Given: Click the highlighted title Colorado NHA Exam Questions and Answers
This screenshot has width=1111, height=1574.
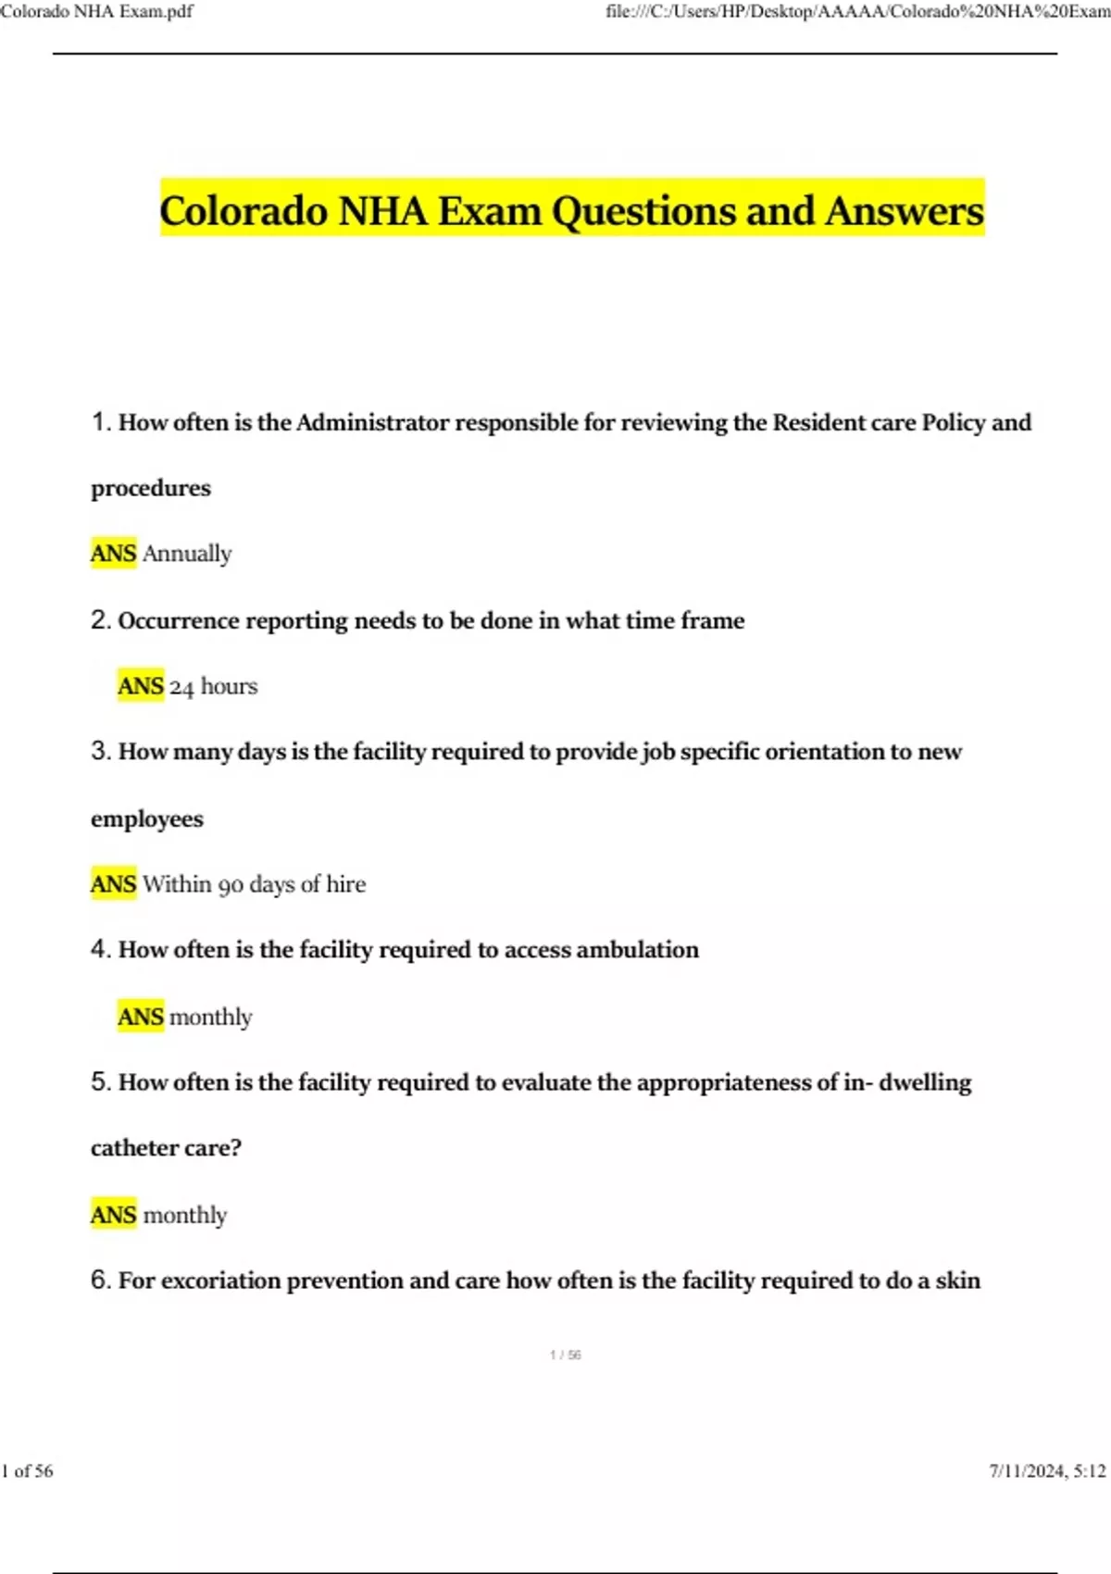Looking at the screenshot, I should [x=571, y=210].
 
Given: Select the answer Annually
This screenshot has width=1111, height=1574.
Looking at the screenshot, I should [x=187, y=554].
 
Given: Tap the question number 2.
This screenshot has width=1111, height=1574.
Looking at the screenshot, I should [x=100, y=620].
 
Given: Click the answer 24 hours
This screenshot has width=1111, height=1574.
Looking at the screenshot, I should [x=213, y=687].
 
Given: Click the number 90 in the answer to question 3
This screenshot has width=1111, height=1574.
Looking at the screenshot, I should [x=231, y=885].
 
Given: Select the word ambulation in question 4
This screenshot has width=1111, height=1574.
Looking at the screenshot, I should [x=637, y=950].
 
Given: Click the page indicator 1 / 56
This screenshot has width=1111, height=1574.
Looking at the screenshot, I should [x=565, y=1355].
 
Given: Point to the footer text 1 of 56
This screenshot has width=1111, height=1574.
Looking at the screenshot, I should [x=28, y=1470].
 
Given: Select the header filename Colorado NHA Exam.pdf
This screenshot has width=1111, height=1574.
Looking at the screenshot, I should [x=97, y=12].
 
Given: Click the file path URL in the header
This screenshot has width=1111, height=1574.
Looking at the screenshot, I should [x=857, y=12].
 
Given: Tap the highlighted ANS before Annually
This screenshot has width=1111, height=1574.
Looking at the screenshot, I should [x=113, y=554].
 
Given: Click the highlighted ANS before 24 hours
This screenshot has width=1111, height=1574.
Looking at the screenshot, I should [x=141, y=686].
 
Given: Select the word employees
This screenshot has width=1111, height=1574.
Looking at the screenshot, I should [x=147, y=819].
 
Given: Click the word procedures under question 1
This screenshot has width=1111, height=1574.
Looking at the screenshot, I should [x=151, y=489].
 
